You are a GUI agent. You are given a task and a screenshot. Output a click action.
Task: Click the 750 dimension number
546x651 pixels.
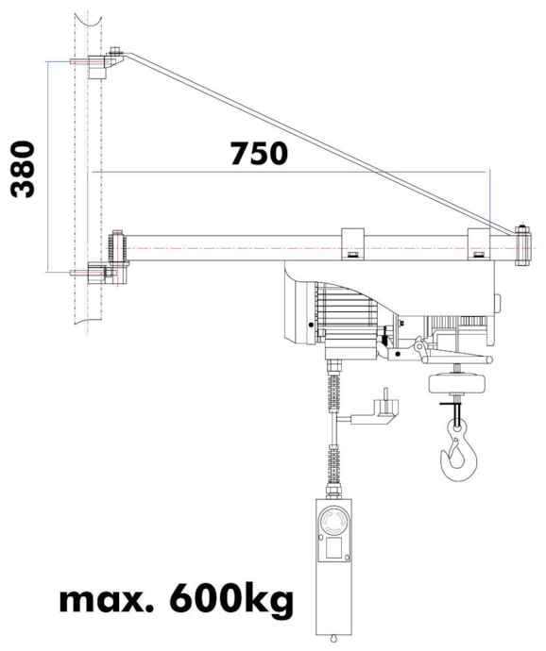click(259, 152)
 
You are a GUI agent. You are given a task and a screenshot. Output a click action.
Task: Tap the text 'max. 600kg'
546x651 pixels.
click(176, 598)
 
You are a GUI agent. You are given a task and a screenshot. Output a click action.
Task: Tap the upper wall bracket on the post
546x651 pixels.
click(103, 64)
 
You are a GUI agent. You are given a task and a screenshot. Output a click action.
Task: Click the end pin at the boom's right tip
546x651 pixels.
click(521, 243)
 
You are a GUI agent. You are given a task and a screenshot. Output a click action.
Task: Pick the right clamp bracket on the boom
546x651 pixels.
click(480, 244)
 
